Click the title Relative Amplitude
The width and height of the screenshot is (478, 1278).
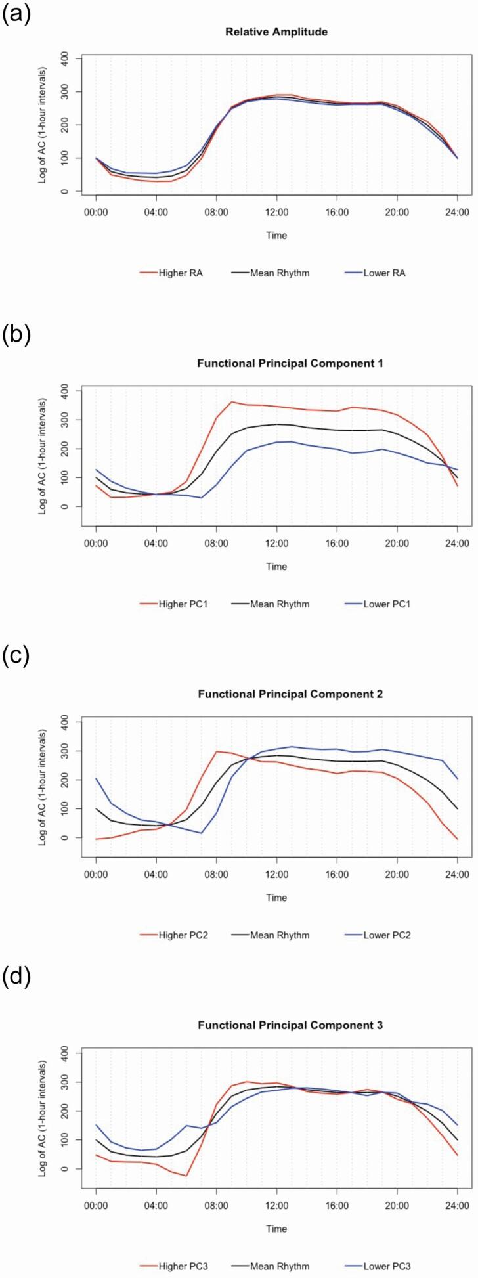pyautogui.click(x=276, y=32)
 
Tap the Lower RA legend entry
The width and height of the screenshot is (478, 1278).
pyautogui.click(x=384, y=273)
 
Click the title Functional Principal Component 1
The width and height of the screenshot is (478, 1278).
pyautogui.click(x=276, y=363)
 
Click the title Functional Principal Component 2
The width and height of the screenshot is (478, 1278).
pyautogui.click(x=276, y=694)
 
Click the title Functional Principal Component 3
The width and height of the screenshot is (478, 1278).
pyautogui.click(x=276, y=1025)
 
